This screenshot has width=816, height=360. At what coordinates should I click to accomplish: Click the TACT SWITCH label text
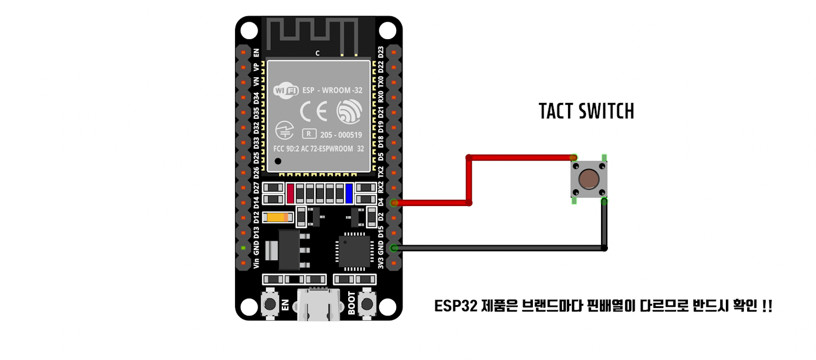point(586,111)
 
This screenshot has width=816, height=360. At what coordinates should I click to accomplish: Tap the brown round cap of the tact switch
point(588,179)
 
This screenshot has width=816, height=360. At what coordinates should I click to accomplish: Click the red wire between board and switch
point(469,179)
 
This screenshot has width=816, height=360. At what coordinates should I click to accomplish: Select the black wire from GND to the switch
point(498,247)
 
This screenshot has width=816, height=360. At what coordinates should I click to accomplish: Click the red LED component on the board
point(290,193)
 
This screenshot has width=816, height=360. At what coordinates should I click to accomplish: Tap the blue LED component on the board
point(349,193)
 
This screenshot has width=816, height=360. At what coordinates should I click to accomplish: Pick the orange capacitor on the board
point(278,217)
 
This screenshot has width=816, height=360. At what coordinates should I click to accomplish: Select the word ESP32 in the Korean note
point(452,306)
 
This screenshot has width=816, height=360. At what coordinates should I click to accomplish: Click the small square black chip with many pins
point(354,250)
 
